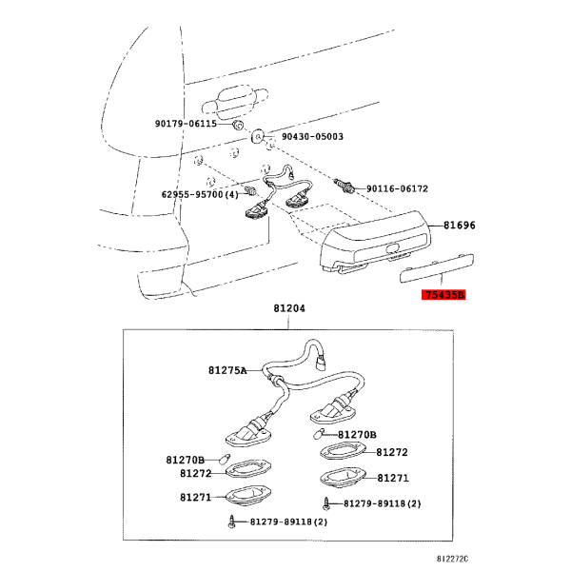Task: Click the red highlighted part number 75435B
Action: [443, 295]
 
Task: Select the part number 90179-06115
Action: [186, 124]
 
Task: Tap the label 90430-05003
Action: [312, 136]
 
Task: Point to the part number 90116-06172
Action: [397, 188]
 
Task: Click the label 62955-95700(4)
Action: [200, 194]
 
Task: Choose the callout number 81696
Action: [460, 226]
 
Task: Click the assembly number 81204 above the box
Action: [289, 308]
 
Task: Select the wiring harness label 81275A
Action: [227, 370]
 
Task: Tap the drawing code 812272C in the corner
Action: [453, 559]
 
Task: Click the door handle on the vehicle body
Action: [235, 99]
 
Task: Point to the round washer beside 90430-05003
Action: [258, 136]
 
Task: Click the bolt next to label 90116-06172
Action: [344, 186]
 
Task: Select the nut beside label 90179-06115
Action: [237, 125]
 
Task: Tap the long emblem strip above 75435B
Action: [437, 268]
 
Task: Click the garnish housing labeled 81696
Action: [375, 242]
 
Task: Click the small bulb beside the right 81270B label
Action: [318, 434]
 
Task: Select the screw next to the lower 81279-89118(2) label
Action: [231, 522]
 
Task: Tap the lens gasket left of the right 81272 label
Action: [344, 450]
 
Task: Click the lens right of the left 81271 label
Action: [248, 496]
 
